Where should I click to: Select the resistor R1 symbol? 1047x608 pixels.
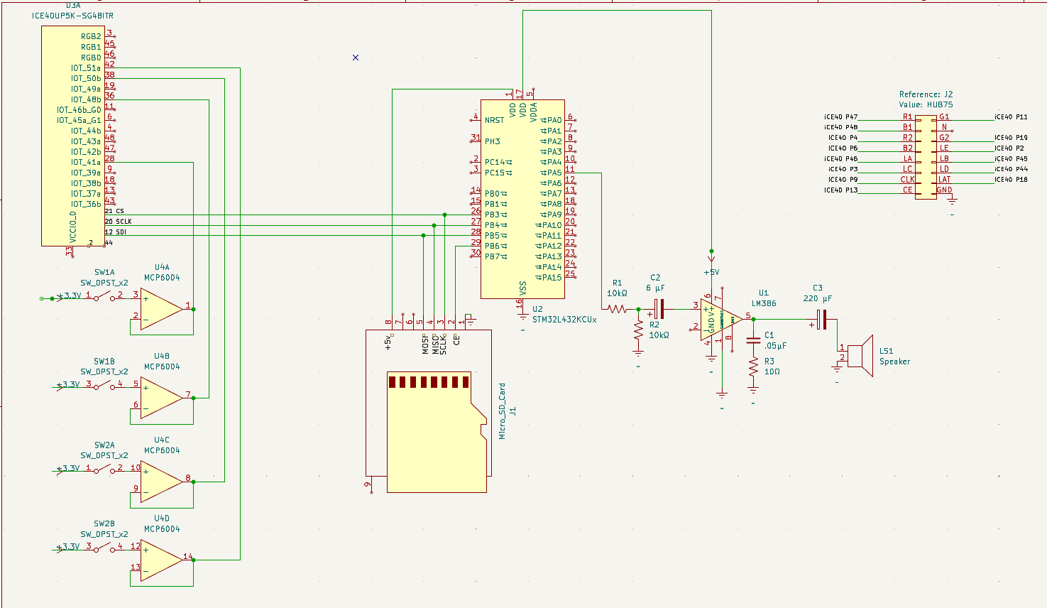point(617,309)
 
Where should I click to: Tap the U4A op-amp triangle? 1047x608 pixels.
point(161,308)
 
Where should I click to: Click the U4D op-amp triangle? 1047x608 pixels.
point(161,560)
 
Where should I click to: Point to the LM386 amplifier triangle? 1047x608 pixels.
point(720,320)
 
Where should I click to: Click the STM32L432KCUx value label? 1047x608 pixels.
point(564,320)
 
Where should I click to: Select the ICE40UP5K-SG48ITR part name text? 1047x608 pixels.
point(72,16)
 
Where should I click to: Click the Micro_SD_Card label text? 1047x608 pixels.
point(503,411)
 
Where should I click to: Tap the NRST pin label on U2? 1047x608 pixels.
point(494,120)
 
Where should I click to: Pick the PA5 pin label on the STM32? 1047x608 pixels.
point(554,173)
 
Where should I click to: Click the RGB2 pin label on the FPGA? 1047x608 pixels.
point(91,36)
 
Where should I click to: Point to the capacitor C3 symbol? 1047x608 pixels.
point(822,320)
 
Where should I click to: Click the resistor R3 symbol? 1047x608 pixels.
point(753,367)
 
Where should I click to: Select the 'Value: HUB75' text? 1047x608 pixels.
point(926,104)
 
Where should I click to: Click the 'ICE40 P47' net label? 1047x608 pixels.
point(840,117)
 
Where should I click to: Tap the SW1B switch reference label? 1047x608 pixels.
point(104,362)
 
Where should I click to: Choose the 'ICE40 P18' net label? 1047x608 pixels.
point(1011,180)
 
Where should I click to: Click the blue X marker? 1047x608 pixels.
point(356,58)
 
